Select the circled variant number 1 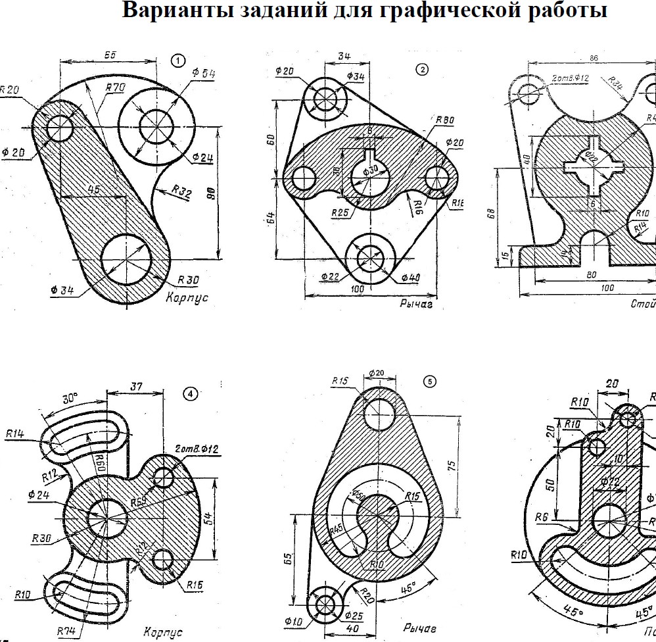click(x=177, y=61)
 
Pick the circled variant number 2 click(x=422, y=68)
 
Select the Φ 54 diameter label click(x=204, y=74)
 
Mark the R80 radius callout click(x=444, y=121)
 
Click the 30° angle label click(x=70, y=399)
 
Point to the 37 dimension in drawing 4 click(x=135, y=387)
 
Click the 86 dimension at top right click(x=594, y=59)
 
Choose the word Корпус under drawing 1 click(x=187, y=297)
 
